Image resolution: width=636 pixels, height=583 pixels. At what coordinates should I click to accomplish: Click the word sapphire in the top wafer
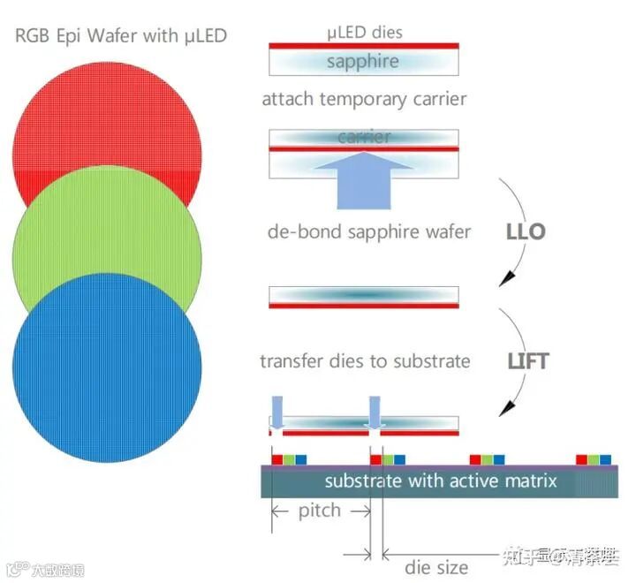(x=363, y=61)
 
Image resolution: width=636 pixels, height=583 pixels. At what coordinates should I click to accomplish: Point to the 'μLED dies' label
(x=363, y=32)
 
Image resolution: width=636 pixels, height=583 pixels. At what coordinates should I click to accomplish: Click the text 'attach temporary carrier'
(x=364, y=99)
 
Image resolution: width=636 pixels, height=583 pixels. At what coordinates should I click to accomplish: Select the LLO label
(x=526, y=233)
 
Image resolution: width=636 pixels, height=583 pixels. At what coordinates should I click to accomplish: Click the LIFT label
(x=528, y=361)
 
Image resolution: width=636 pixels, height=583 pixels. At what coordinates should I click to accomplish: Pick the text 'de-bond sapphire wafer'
(x=369, y=232)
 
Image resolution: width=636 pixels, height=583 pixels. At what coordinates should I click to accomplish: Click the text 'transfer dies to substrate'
(x=365, y=361)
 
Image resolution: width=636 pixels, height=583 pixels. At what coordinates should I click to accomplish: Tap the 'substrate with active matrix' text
(x=440, y=481)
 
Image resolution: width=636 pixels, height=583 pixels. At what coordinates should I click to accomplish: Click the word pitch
(x=320, y=511)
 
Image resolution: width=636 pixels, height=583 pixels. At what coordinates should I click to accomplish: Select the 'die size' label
(x=436, y=566)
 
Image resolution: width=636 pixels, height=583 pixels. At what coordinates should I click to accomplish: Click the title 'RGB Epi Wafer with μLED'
(x=121, y=36)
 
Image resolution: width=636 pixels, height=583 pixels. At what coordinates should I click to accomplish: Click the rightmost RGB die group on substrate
(x=593, y=459)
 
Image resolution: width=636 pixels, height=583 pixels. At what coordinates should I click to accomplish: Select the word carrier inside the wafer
(x=363, y=138)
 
